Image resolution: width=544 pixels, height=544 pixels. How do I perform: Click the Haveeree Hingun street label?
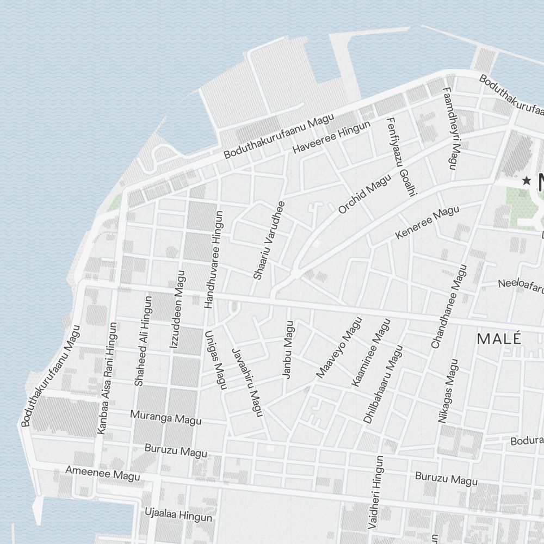[x=331, y=137]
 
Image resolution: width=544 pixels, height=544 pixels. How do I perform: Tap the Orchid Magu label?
[x=364, y=194]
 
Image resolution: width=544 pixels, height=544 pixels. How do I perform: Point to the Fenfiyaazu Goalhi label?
[x=401, y=157]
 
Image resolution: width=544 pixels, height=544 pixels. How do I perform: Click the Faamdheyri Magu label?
[x=452, y=128]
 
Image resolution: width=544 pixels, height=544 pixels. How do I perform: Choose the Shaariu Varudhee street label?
[x=269, y=240]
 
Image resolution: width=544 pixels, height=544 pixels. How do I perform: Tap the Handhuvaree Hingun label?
[x=212, y=260]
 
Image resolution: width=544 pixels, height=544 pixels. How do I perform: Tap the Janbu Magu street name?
[x=288, y=349]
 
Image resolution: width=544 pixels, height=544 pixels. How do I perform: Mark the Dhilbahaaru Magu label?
[x=384, y=384]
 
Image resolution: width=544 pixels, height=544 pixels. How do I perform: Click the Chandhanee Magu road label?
[x=449, y=306]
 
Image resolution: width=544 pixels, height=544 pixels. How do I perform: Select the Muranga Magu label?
[x=166, y=417]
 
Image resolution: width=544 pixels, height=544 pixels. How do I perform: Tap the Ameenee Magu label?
[x=102, y=473]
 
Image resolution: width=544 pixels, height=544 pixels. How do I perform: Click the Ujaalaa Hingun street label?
[x=178, y=514]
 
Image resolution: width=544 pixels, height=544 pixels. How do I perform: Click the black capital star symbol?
[x=526, y=181]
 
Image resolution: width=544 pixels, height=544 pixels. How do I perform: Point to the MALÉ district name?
[x=499, y=338]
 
